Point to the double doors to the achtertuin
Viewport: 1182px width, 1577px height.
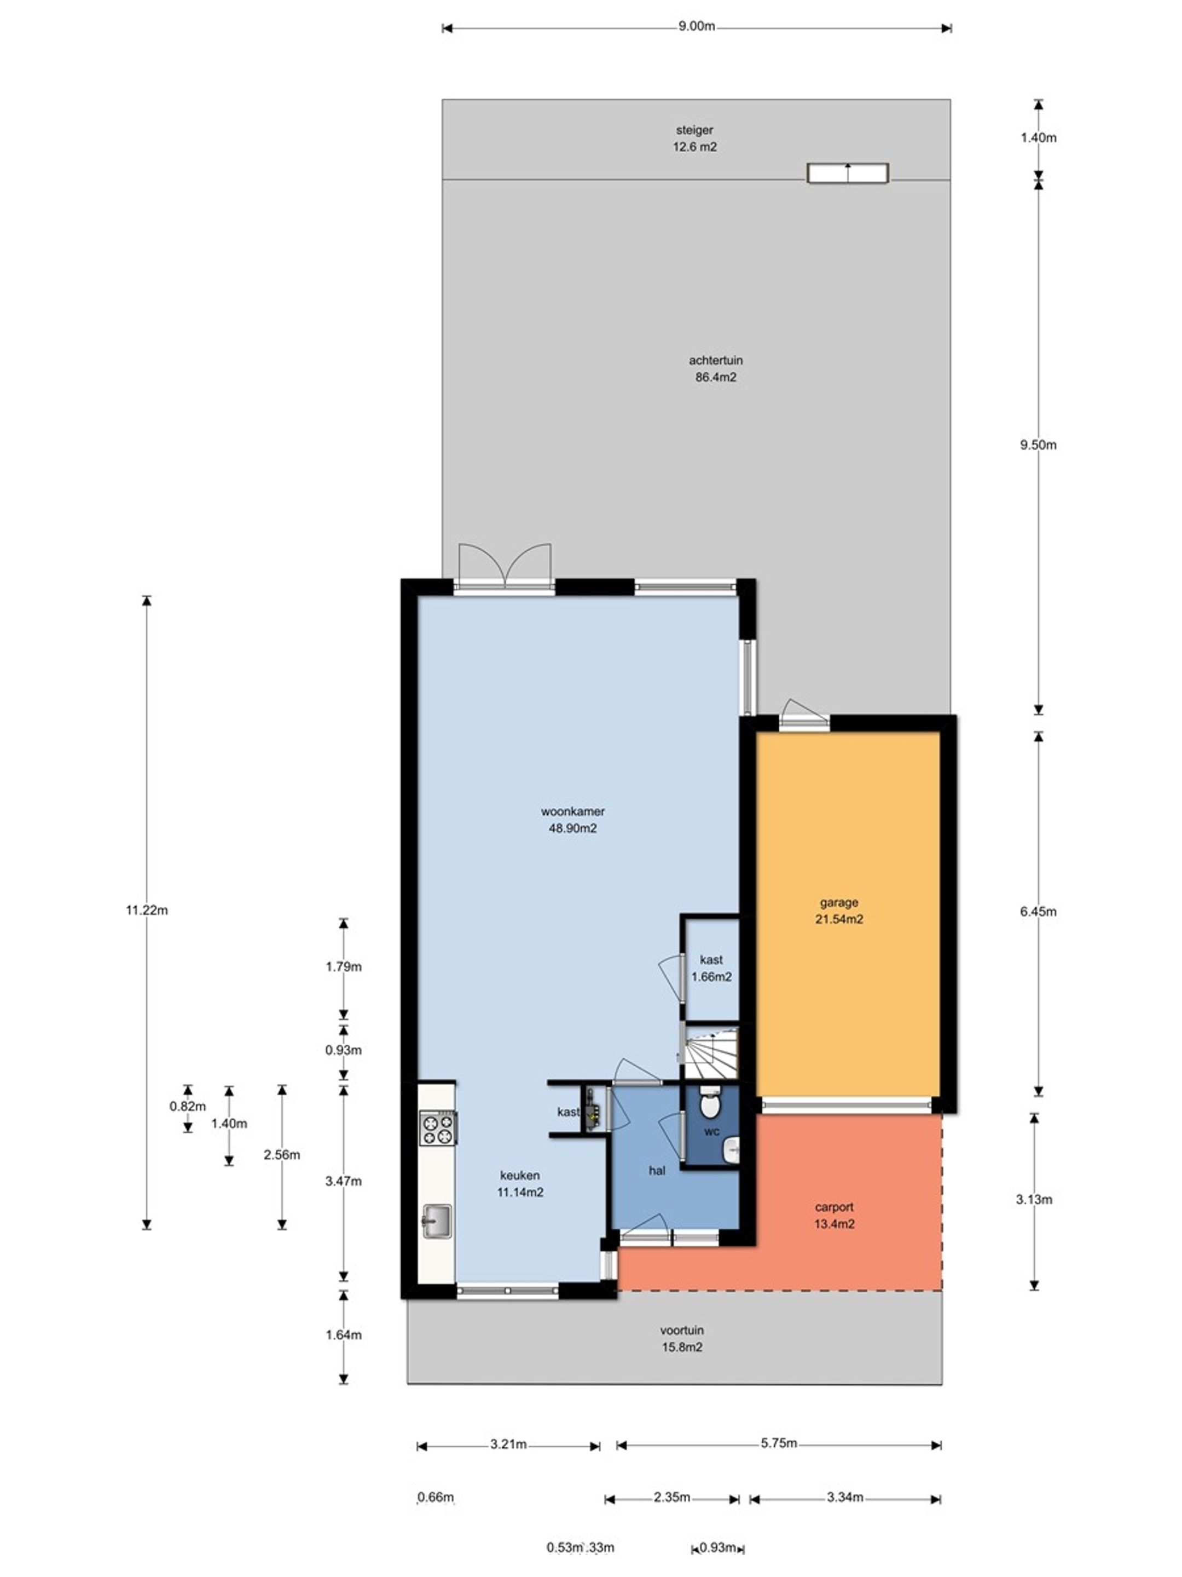point(505,567)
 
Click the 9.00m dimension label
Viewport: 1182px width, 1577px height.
point(696,27)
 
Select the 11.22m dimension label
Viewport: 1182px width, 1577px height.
point(147,910)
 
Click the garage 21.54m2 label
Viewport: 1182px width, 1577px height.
point(838,911)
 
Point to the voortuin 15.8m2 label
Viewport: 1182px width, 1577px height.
point(682,1338)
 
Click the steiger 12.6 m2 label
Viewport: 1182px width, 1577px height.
point(694,139)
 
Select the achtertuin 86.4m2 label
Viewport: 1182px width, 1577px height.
point(715,369)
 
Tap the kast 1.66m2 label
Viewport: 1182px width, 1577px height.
point(711,968)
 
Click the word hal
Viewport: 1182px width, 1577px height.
point(657,1170)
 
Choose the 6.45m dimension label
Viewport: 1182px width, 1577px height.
point(1038,911)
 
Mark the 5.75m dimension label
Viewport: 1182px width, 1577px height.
point(778,1443)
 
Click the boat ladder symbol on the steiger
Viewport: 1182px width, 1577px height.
point(848,172)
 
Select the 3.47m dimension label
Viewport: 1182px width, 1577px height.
point(344,1181)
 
